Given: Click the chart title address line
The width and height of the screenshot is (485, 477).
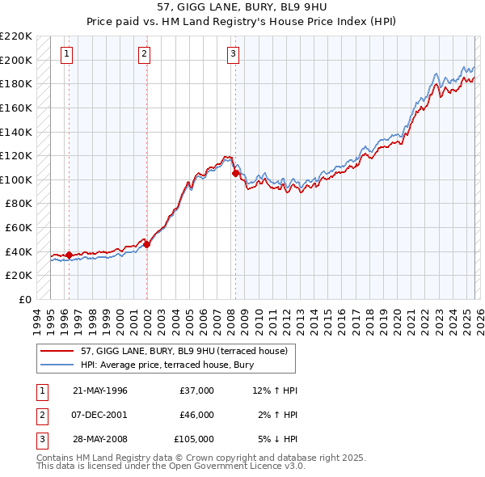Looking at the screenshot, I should point(242,7).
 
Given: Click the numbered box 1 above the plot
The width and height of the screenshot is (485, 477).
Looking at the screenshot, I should point(65,54).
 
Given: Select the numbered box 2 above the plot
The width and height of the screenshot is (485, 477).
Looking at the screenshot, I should point(144,54).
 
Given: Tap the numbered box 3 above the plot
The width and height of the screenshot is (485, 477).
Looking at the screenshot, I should point(233,54).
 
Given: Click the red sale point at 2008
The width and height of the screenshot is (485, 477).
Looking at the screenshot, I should point(235,173).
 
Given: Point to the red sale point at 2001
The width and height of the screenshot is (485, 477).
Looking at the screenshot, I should point(147,243).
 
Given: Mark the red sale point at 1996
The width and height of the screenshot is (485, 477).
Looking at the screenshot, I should point(69,255).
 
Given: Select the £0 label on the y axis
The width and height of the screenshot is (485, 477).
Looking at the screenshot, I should point(24,299).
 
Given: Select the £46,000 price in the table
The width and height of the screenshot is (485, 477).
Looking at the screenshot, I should point(196,415).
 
